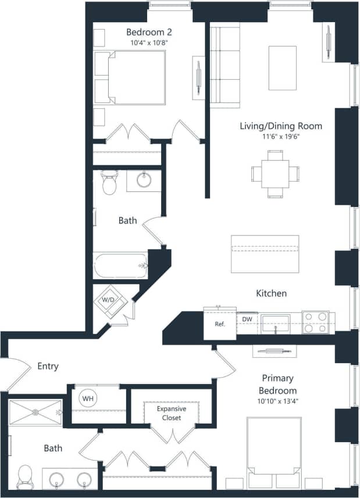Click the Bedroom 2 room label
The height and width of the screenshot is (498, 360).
(149, 32)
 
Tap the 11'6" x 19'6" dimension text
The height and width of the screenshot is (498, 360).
(281, 137)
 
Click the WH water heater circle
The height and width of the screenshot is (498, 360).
(88, 399)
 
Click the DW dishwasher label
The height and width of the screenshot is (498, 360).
(247, 319)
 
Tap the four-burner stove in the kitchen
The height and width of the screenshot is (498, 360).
(315, 323)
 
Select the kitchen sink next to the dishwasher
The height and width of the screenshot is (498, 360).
(275, 322)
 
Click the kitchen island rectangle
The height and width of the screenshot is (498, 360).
(265, 254)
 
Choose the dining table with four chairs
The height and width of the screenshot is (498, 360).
(275, 173)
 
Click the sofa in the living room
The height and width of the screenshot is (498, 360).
(224, 65)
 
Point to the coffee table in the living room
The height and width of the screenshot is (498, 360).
(283, 67)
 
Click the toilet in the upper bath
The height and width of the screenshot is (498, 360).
(109, 183)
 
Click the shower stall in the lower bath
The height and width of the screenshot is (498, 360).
(35, 412)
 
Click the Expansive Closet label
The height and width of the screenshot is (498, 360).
(172, 413)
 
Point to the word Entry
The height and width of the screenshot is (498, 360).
(48, 366)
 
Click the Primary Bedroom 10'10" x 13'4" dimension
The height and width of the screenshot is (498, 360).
(277, 401)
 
